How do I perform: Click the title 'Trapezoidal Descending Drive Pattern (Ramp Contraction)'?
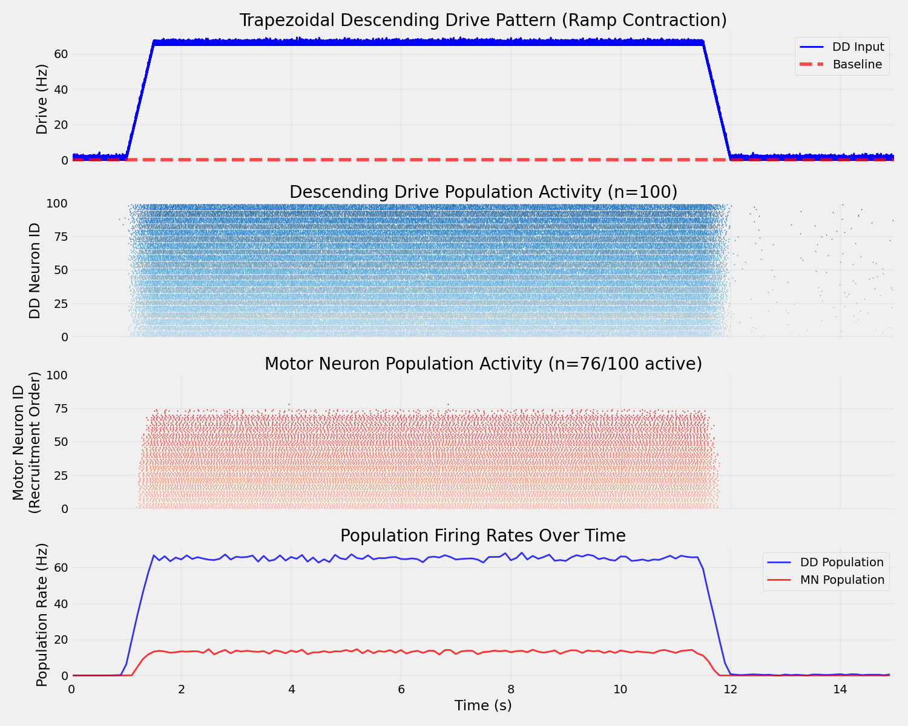coord(482,21)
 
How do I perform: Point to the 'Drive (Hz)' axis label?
coord(42,107)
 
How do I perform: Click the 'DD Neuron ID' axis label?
coord(35,270)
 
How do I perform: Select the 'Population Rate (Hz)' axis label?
coord(42,615)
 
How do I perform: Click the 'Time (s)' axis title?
coord(482,705)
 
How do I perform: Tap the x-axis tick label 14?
coord(840,689)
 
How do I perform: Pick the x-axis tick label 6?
coord(401,689)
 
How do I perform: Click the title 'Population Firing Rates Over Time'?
coord(482,536)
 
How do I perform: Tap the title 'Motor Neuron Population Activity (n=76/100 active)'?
coord(482,364)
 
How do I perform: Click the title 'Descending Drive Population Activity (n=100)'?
coord(482,192)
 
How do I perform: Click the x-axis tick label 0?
coord(72,689)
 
